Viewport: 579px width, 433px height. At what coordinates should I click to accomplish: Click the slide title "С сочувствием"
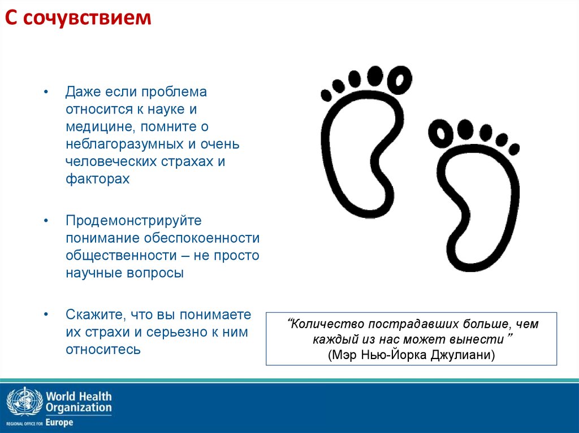point(79,19)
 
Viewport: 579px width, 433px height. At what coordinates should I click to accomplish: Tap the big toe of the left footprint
point(402,79)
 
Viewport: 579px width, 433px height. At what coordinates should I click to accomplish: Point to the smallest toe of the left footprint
point(327,94)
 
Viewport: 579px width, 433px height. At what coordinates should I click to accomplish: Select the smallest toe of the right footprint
point(514,148)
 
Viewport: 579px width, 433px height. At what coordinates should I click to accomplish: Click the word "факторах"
point(97,179)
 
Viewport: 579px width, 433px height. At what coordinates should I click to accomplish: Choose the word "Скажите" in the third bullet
point(94,314)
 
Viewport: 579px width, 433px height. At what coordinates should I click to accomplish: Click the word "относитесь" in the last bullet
point(102,349)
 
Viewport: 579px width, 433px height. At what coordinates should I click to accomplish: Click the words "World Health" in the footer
point(79,396)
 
